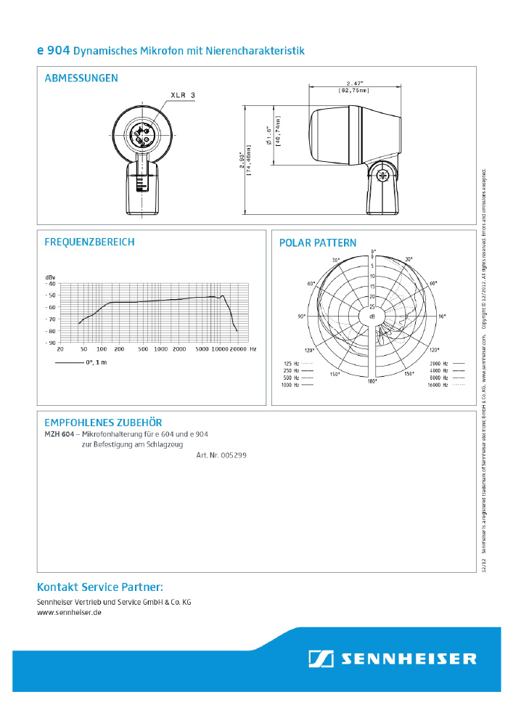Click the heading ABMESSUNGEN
click(x=81, y=78)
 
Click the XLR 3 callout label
click(x=183, y=95)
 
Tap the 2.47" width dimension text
click(x=353, y=83)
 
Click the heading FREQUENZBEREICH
click(x=89, y=242)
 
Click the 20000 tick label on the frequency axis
click(x=239, y=349)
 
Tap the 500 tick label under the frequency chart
click(x=143, y=349)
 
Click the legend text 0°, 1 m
click(x=97, y=362)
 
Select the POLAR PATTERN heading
click(x=318, y=243)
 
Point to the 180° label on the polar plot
click(x=372, y=381)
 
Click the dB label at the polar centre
click(x=372, y=317)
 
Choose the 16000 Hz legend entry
click(x=439, y=386)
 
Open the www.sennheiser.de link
click(x=69, y=613)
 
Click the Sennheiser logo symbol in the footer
click(x=321, y=658)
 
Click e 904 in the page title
click(x=53, y=51)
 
